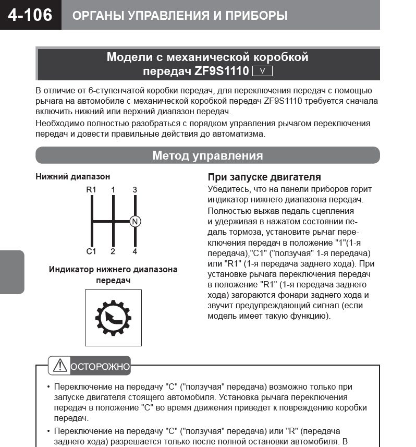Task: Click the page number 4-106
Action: click(x=30, y=15)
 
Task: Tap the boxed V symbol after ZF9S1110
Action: click(x=262, y=71)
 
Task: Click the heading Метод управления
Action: click(x=207, y=155)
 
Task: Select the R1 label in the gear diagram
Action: click(x=92, y=190)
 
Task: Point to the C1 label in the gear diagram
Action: click(x=92, y=251)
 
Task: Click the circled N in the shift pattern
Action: click(x=135, y=221)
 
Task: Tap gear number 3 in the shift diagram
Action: click(x=135, y=190)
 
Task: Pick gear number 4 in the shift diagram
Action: click(x=135, y=251)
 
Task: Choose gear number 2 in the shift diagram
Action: click(x=113, y=251)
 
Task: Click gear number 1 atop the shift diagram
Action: click(x=113, y=190)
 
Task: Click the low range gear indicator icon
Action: click(x=113, y=318)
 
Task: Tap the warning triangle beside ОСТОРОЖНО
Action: click(x=60, y=366)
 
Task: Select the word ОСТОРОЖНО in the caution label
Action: click(x=100, y=367)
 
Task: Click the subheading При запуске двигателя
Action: click(x=264, y=177)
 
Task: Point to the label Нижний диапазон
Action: click(x=73, y=177)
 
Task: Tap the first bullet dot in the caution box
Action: click(x=48, y=387)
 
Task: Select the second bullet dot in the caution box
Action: click(x=48, y=431)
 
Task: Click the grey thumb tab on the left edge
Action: click(x=11, y=272)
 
